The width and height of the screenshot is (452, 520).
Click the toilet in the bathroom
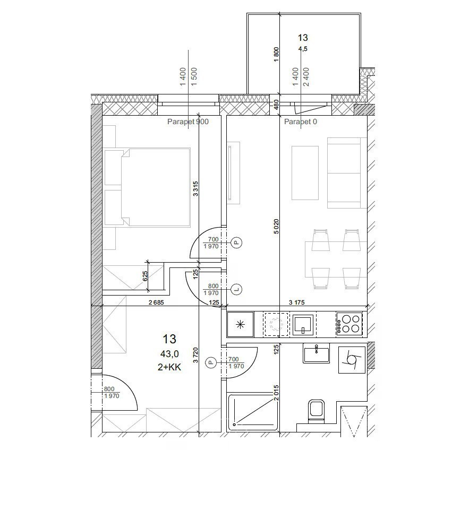[316, 411]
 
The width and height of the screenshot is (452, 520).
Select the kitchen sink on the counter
[303, 324]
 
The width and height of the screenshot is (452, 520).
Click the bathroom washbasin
[316, 353]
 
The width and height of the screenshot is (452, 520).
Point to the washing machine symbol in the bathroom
[352, 360]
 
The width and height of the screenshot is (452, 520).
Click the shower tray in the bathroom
[252, 412]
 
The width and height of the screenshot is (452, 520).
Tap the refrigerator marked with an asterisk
[240, 324]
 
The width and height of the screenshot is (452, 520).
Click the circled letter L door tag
[236, 290]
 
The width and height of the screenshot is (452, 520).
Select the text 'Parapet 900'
[188, 122]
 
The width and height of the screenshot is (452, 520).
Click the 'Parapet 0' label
[300, 122]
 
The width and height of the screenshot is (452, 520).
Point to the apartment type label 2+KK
[169, 367]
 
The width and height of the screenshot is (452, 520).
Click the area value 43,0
[169, 354]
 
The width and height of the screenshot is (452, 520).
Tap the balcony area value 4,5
[303, 49]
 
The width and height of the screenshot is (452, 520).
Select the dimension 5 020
[276, 227]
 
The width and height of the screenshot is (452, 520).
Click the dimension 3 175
[297, 302]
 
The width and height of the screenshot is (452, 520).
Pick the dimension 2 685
[156, 302]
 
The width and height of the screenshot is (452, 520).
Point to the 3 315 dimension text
[195, 188]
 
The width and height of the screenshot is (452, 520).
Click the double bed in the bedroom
[147, 187]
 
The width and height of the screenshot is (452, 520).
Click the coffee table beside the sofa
[305, 173]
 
